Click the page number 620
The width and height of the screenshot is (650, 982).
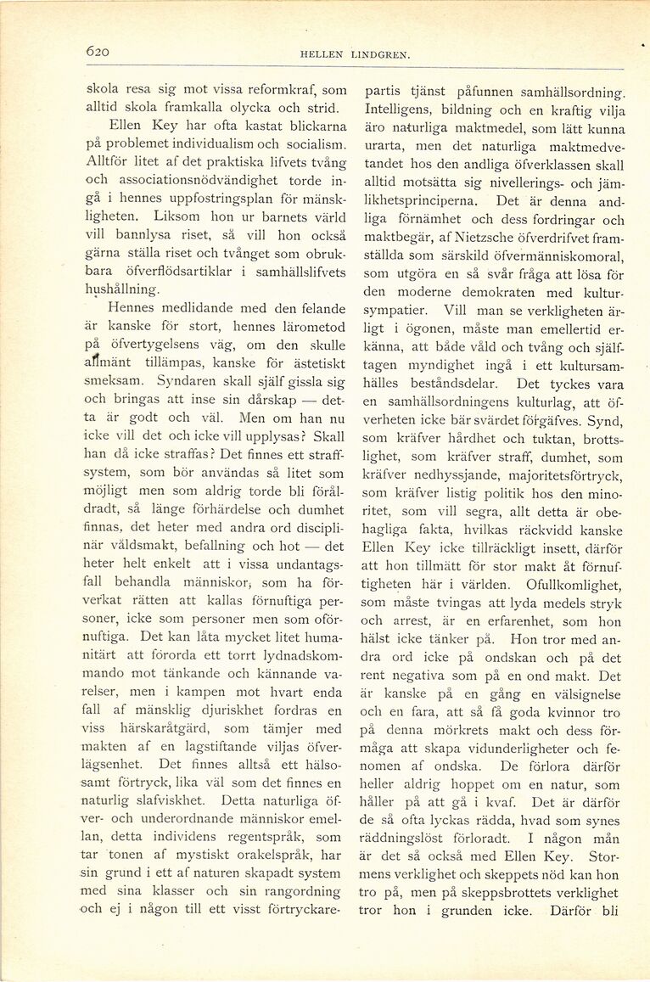pos(98,52)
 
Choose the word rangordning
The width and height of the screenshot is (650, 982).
pos(299,893)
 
